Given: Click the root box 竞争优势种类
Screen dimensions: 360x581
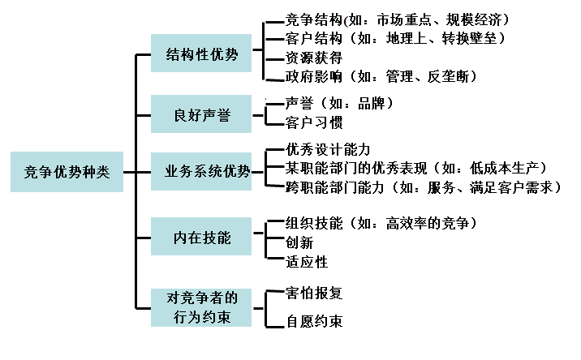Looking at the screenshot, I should [x=67, y=171].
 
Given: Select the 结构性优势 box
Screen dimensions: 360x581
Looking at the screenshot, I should [x=201, y=54].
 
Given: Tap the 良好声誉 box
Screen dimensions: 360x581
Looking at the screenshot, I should [x=201, y=115].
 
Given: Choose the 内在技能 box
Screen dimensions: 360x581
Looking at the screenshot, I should [x=201, y=238].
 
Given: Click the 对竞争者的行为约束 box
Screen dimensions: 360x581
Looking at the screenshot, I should [x=201, y=307].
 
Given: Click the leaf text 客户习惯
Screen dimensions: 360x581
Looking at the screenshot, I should [x=314, y=123].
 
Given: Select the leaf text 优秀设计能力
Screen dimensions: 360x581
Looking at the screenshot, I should [x=329, y=150].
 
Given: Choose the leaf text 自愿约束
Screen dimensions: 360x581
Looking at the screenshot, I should [x=314, y=322].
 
